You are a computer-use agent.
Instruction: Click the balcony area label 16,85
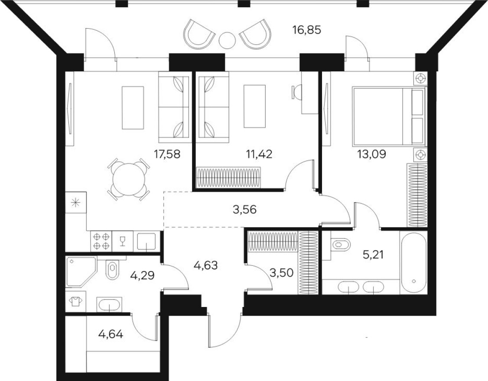click(306, 30)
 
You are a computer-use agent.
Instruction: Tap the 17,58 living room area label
click(167, 154)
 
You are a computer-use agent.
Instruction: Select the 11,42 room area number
click(259, 154)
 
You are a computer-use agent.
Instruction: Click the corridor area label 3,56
click(245, 210)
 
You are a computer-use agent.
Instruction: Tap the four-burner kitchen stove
click(101, 241)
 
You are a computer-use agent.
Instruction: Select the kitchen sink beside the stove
click(146, 241)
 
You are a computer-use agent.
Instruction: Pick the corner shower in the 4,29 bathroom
click(81, 271)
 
